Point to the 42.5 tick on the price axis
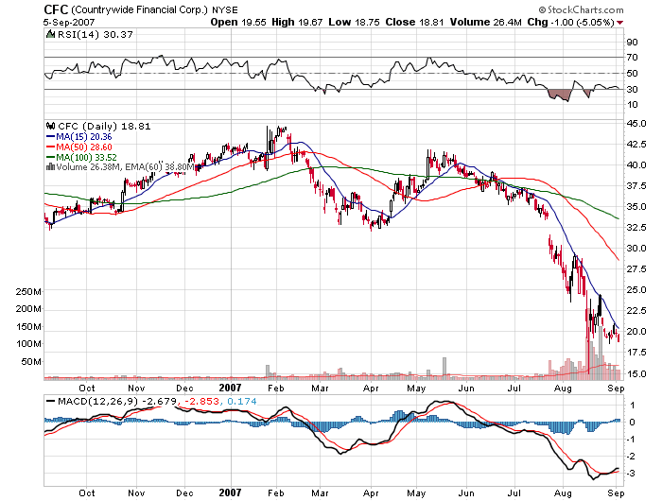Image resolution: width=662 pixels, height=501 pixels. coord(636,144)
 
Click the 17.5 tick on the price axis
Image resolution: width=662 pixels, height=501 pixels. coord(636,352)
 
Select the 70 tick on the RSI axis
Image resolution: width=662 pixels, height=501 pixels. coord(632,58)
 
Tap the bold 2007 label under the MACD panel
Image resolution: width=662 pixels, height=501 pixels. coord(232,492)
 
